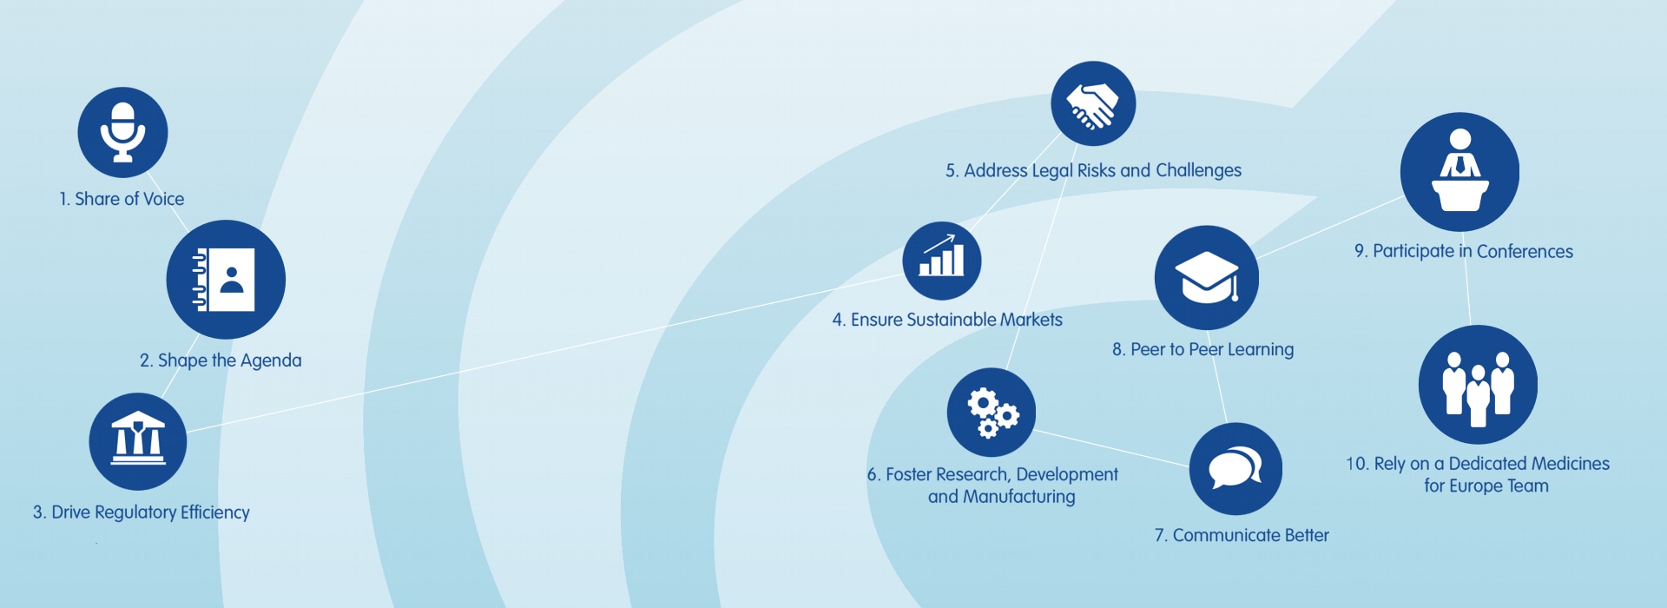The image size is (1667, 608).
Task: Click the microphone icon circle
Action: (x=122, y=133)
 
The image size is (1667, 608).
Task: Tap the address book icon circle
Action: (x=226, y=280)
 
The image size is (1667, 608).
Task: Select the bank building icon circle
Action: (x=138, y=442)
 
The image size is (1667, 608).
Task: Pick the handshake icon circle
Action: (x=1093, y=103)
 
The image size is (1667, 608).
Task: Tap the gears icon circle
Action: (x=992, y=413)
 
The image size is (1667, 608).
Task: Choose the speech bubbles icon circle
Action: (x=1235, y=469)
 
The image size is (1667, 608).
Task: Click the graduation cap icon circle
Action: (x=1207, y=278)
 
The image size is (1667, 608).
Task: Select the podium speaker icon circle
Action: (x=1460, y=172)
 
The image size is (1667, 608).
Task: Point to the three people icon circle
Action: (x=1478, y=385)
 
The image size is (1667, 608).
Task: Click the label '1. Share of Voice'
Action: (x=122, y=199)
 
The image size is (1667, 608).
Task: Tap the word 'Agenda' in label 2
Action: (x=271, y=360)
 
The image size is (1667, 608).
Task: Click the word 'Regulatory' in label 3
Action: (x=135, y=512)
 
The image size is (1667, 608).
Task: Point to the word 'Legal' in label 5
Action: (x=1052, y=171)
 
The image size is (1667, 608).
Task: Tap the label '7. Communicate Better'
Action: (x=1242, y=535)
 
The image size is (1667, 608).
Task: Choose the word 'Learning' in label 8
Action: (x=1261, y=350)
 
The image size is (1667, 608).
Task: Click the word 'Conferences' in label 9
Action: (x=1525, y=252)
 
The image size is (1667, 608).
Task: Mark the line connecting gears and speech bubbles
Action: (x=1112, y=448)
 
